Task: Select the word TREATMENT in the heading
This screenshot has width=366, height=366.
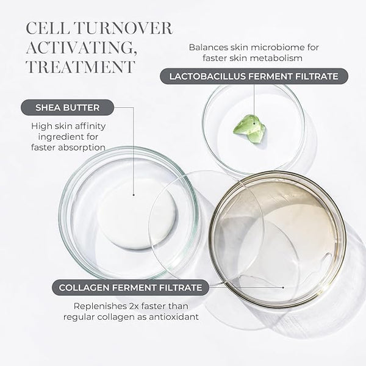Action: tap(81, 67)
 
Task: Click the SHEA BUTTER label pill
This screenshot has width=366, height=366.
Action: tap(68, 107)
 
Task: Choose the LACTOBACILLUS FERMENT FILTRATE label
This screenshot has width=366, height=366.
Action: tap(254, 76)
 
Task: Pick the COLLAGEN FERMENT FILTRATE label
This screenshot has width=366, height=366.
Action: tap(131, 287)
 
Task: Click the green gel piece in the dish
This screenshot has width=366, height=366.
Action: tap(249, 129)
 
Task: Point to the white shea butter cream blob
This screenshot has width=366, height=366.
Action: tap(137, 215)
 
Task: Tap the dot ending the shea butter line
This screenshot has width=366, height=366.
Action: tap(134, 195)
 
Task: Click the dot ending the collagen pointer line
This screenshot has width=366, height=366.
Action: tap(283, 287)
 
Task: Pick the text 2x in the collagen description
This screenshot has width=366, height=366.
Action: tap(134, 306)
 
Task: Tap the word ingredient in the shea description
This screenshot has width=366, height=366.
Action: tap(59, 137)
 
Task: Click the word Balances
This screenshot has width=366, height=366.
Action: tap(209, 48)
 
